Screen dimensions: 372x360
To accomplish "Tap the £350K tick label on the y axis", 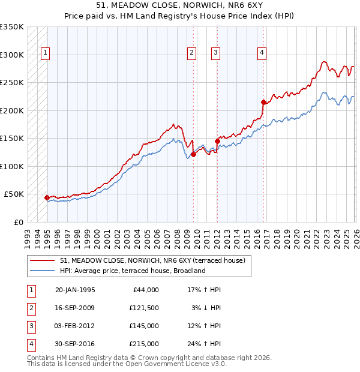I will tap(12, 27).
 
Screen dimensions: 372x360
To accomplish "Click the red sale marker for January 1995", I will tap(47, 197).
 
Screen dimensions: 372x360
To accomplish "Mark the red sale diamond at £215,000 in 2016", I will tap(263, 102).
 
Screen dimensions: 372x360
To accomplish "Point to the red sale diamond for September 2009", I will tap(193, 154).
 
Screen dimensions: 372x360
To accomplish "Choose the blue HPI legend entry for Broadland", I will tap(133, 271).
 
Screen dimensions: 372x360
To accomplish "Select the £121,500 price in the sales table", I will tap(144, 308).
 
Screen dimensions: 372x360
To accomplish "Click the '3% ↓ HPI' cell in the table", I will tap(206, 308).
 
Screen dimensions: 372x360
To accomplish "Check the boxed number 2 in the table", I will tap(31, 308).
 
